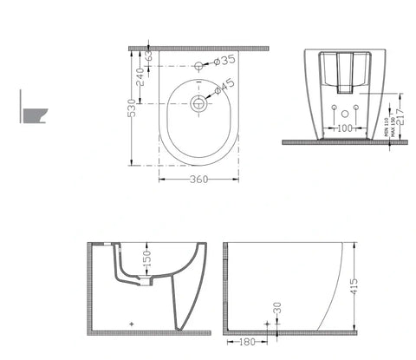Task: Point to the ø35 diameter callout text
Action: (x=224, y=61)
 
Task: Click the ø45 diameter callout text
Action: (x=224, y=86)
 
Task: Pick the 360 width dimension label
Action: (x=198, y=180)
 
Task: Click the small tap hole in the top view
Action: (x=199, y=65)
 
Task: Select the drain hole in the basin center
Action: (x=198, y=103)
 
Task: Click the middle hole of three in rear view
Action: (x=346, y=113)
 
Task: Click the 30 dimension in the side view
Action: (x=277, y=309)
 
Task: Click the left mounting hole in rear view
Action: (x=333, y=108)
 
